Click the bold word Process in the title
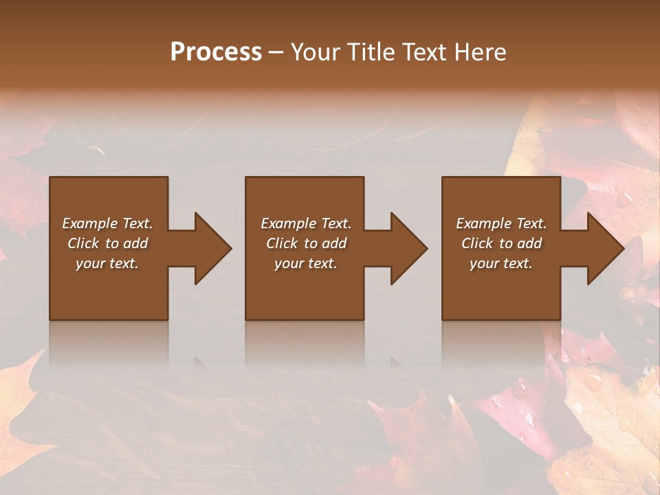click(x=216, y=52)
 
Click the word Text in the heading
click(x=425, y=52)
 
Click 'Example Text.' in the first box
click(x=107, y=223)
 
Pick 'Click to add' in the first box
click(x=107, y=243)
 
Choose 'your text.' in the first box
click(x=107, y=263)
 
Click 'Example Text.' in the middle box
click(x=306, y=223)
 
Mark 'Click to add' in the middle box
click(x=306, y=243)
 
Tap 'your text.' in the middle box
click(x=306, y=263)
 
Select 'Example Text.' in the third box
click(x=501, y=223)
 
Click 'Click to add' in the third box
click(x=501, y=243)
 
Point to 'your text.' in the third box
click(x=501, y=263)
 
